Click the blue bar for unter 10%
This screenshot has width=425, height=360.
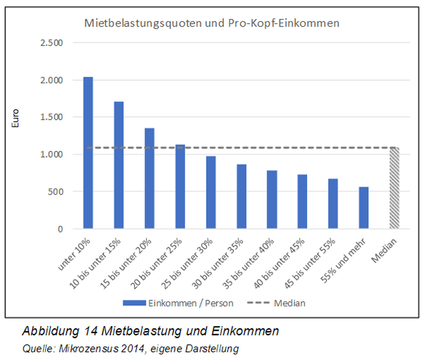tap(88, 153)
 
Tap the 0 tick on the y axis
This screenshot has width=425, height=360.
tap(60, 229)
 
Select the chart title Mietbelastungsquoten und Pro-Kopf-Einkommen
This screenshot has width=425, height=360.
tap(212, 23)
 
